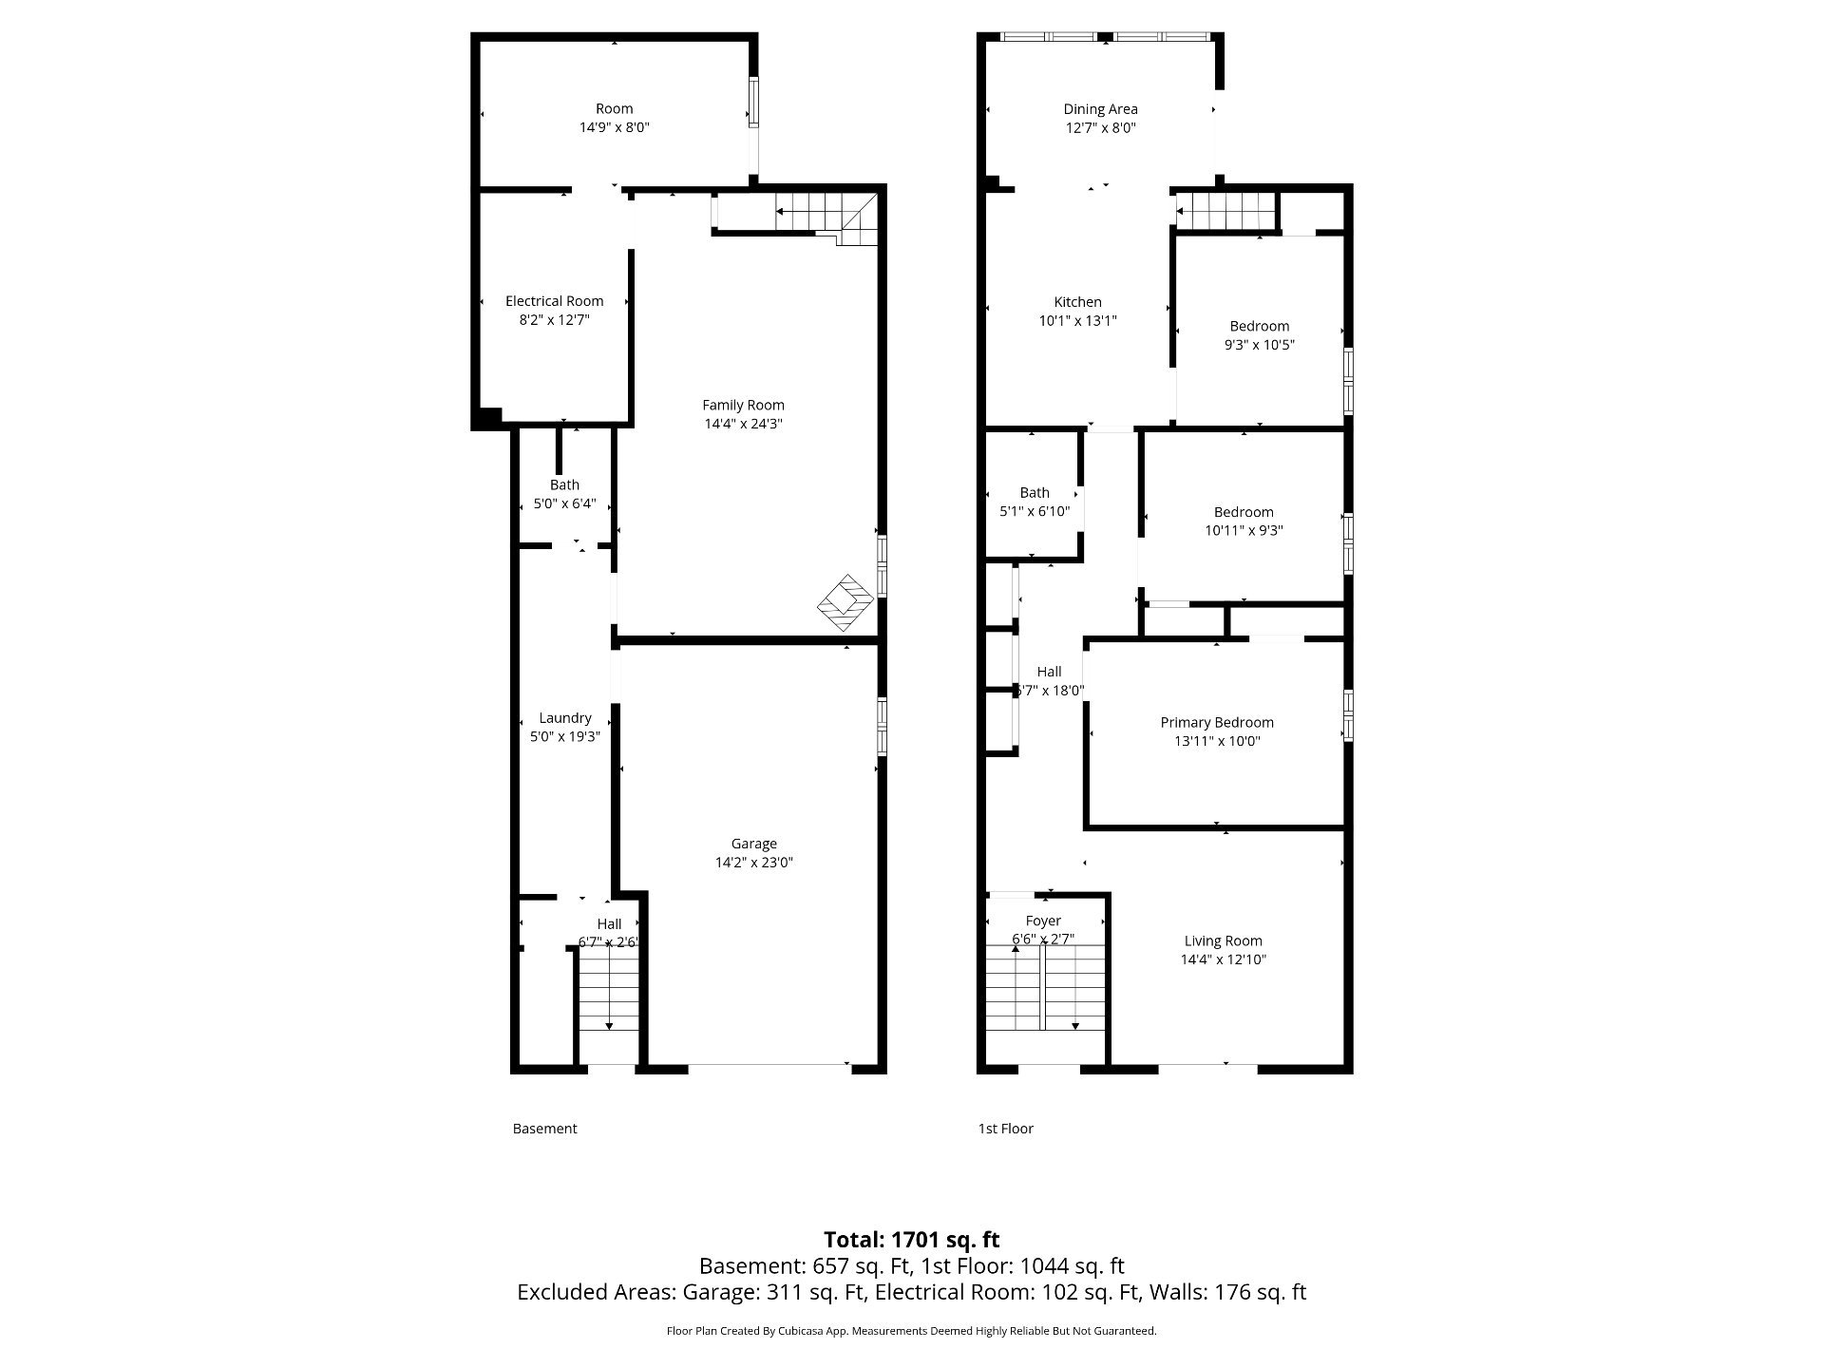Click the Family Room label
click(743, 406)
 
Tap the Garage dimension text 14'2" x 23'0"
click(753, 863)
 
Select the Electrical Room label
click(554, 301)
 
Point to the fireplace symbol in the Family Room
click(845, 602)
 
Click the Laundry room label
click(565, 718)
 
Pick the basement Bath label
click(564, 484)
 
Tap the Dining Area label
click(1100, 109)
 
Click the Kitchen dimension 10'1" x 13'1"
click(1077, 321)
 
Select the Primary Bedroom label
click(1217, 723)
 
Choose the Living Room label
click(1223, 941)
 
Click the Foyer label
click(1043, 921)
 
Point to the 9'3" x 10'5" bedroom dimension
click(1260, 345)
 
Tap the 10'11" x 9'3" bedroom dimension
click(1244, 531)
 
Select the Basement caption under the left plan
click(544, 1129)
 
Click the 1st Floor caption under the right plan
click(1005, 1129)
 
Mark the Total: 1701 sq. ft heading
click(911, 1240)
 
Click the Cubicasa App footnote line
click(911, 1331)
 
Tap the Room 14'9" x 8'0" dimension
click(615, 127)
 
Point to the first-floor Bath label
click(1035, 493)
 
